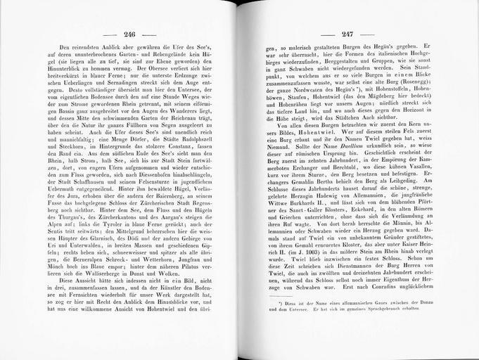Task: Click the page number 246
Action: [x=129, y=34]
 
